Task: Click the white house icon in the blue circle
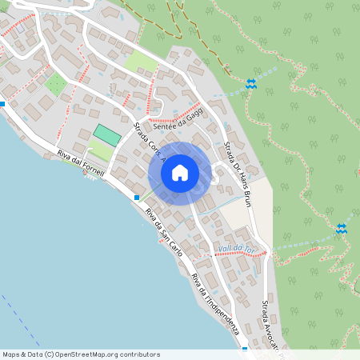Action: [179, 173]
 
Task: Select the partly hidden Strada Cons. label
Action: [145, 141]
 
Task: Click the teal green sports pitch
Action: [106, 134]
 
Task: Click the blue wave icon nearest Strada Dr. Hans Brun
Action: [251, 83]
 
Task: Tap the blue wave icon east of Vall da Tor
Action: [342, 229]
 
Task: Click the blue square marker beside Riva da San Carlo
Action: [138, 197]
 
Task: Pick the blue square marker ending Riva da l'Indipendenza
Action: [245, 350]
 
